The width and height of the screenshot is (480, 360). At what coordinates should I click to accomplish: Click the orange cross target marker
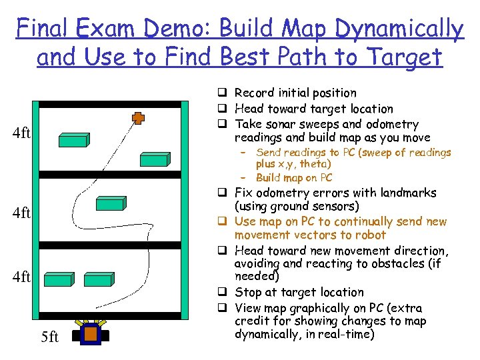138,118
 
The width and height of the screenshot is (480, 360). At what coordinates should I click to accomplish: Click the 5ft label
50,337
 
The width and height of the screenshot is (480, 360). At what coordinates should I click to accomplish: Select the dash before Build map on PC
243,178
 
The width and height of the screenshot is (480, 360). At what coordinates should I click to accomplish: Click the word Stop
248,292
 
